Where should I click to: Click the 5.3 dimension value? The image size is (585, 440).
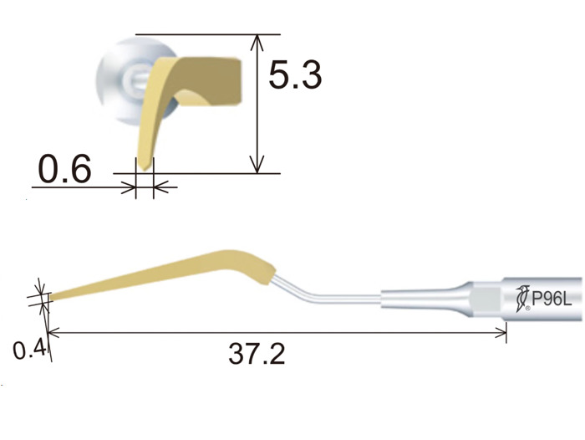click(295, 75)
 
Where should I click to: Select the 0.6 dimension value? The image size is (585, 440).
click(65, 168)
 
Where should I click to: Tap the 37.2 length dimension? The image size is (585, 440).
click(257, 354)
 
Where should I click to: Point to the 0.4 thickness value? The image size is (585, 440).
click(29, 349)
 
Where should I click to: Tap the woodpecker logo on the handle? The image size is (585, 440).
click(522, 299)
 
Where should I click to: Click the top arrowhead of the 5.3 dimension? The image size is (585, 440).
click(257, 42)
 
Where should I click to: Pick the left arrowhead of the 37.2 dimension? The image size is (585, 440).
click(54, 332)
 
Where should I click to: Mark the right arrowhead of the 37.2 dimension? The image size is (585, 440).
click(501, 332)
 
